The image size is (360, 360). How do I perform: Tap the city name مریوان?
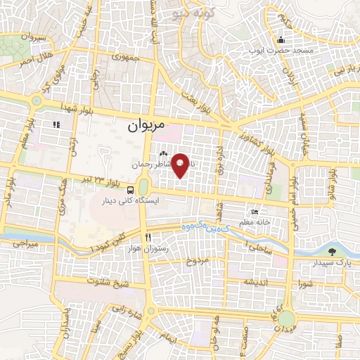(x=146, y=127)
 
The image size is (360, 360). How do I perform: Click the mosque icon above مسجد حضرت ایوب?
(x=281, y=39)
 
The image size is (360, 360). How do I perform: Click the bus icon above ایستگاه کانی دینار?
(x=131, y=190)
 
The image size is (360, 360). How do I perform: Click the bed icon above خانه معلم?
(x=255, y=212)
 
